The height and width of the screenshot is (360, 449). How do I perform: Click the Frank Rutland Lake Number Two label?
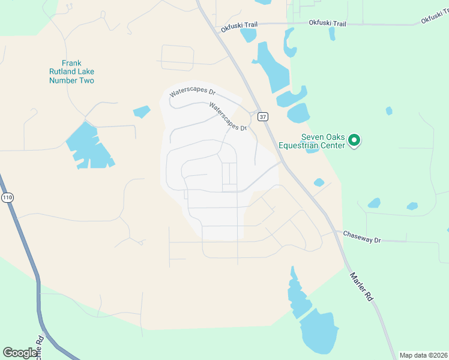pos(71,72)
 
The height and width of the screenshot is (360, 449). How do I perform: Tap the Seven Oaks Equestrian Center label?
pos(312,141)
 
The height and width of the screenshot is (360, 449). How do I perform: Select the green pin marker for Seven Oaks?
pos(354,141)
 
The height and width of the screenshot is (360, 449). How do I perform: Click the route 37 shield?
pos(263,116)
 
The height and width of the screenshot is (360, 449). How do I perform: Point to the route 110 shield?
pos(7,198)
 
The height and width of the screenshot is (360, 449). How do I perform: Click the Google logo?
pos(20,352)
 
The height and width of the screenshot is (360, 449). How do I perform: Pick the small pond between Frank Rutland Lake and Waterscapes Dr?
pos(142,112)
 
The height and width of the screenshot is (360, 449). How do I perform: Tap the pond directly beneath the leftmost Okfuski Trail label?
pos(247,35)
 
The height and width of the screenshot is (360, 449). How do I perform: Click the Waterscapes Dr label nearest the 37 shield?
pos(228,116)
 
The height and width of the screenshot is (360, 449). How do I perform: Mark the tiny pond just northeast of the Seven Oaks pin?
pos(389,111)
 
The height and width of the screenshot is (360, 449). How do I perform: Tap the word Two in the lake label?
pos(87,80)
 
